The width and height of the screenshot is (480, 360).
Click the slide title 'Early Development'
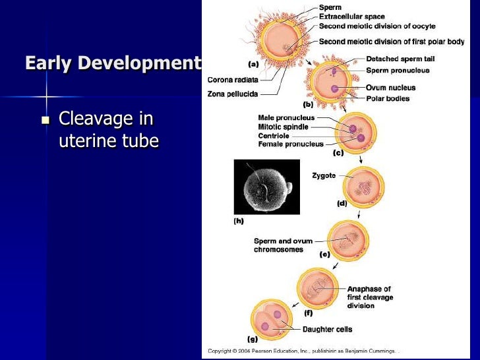(113, 63)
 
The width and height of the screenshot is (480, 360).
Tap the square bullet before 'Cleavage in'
(45, 121)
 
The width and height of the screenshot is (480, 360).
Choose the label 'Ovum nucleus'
(390, 88)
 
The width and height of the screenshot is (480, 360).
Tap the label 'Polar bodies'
(388, 98)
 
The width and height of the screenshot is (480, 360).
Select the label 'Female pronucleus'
(291, 144)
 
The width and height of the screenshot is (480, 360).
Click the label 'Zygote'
(324, 175)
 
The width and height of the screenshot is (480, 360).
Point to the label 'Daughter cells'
(327, 329)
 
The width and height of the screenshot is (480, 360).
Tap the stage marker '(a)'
(253, 65)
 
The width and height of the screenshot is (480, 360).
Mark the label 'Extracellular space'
(351, 16)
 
